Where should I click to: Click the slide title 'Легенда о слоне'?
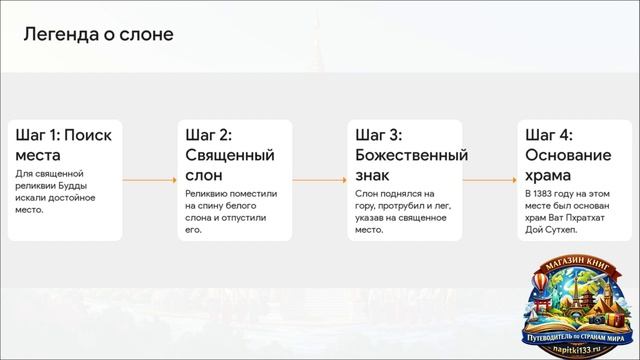[x=98, y=35]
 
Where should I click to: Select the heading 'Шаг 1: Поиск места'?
[x=63, y=145]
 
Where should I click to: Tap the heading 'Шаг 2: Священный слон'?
[x=230, y=154]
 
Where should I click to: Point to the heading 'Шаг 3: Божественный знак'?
[x=411, y=154]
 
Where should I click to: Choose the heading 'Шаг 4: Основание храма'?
[x=567, y=154]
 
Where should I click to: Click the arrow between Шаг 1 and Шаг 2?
[x=147, y=180]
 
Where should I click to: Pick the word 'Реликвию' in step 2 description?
[x=208, y=193]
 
